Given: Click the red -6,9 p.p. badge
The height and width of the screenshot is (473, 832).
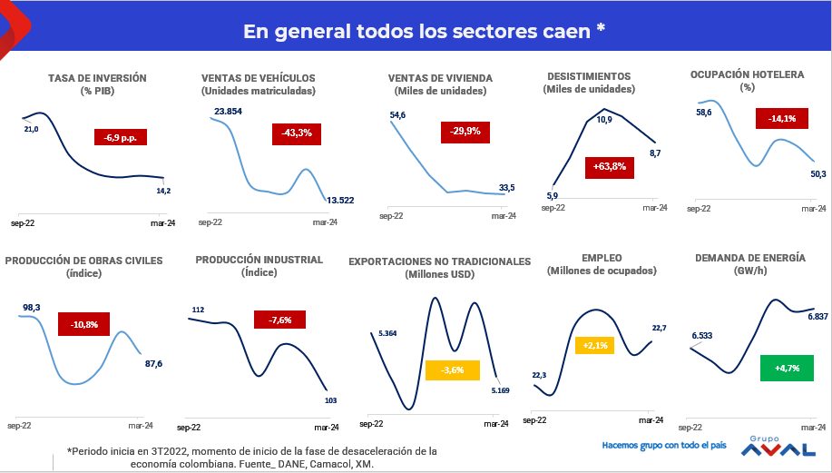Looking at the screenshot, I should click(121, 137).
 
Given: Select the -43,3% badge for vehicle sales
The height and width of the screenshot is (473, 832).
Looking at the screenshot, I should click(298, 133).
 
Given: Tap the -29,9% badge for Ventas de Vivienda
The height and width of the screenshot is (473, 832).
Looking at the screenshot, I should click(466, 132).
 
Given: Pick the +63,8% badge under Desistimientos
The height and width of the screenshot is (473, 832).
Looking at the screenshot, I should click(610, 166).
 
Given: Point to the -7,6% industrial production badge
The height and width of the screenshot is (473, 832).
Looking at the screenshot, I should click(279, 320).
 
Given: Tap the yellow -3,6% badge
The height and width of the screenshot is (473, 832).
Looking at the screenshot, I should click(452, 370).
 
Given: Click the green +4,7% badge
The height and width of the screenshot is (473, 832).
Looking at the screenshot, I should click(786, 369).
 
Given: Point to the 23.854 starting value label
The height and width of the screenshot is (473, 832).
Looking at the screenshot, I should click(228, 112).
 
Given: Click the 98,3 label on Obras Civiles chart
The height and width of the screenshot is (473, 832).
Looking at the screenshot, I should click(32, 308).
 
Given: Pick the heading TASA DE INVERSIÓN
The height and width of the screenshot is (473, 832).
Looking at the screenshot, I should click(97, 79).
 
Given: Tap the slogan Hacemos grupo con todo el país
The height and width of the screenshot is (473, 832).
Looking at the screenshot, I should click(665, 446).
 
